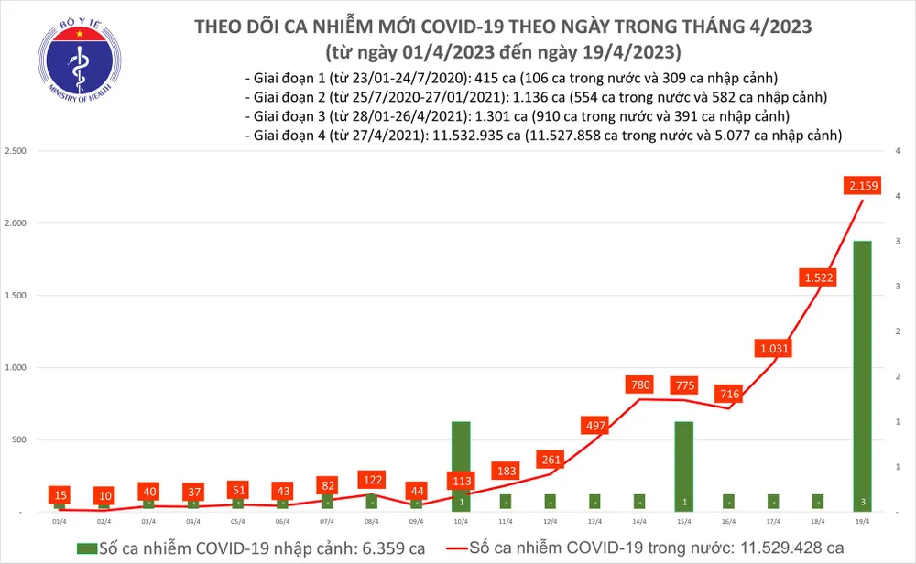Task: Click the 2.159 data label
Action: click(x=863, y=188)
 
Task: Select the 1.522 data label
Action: click(x=818, y=277)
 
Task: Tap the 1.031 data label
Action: click(x=774, y=349)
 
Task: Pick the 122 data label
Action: click(x=372, y=479)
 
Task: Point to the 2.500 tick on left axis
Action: click(x=16, y=151)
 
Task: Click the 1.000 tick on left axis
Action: click(x=16, y=368)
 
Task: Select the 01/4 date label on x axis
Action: click(x=60, y=522)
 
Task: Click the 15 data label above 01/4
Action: click(x=60, y=494)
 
